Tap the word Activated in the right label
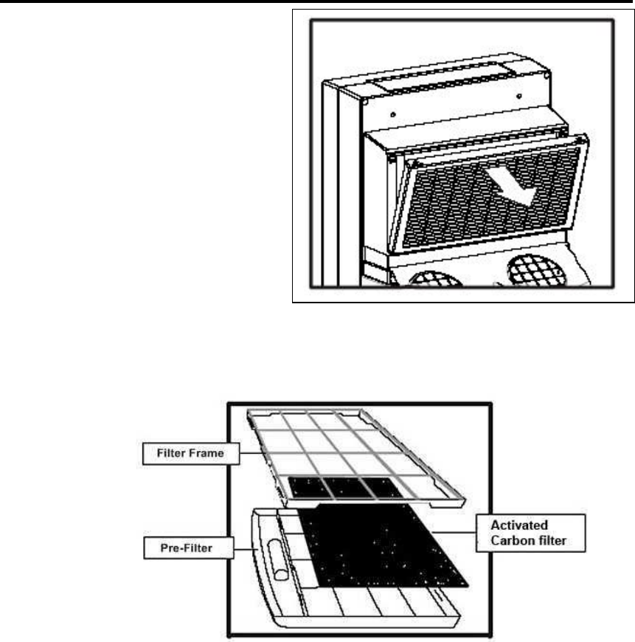tap(518, 525)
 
